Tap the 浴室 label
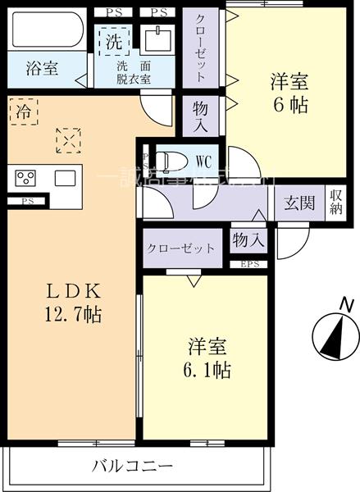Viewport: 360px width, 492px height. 41,69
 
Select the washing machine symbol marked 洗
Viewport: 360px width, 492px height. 110,39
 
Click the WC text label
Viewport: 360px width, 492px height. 203,161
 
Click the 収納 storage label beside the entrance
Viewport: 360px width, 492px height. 336,202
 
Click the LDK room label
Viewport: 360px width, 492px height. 72,290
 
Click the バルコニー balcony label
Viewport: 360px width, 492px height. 133,466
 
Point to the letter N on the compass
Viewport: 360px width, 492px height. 348,305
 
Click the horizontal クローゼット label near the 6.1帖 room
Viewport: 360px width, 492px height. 181,248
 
